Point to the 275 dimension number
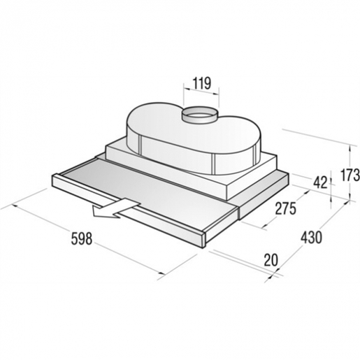coord(285,208)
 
